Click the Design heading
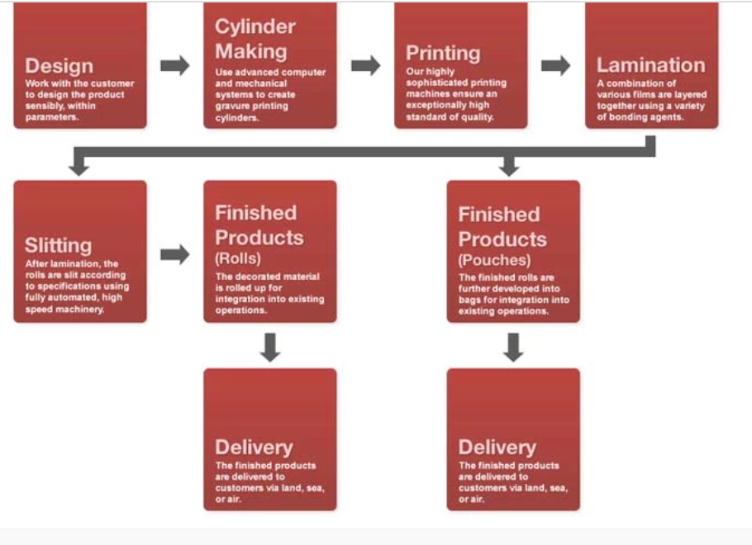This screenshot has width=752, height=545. pyautogui.click(x=59, y=66)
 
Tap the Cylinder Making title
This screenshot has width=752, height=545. pyautogui.click(x=255, y=39)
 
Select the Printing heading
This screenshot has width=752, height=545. pyautogui.click(x=443, y=53)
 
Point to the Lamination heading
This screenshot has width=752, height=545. pyautogui.click(x=651, y=65)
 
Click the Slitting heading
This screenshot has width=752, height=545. pyautogui.click(x=58, y=245)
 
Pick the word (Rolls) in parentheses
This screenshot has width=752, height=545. pyautogui.click(x=238, y=258)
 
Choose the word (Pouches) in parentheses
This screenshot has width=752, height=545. pyautogui.click(x=494, y=260)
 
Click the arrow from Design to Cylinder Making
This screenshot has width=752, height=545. pyautogui.click(x=174, y=66)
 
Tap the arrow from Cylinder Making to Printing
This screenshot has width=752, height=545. pyautogui.click(x=365, y=66)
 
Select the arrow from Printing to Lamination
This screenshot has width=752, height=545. pyautogui.click(x=555, y=66)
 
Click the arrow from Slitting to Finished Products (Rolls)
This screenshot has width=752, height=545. pyautogui.click(x=174, y=254)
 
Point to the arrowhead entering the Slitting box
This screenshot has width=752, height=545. pyautogui.click(x=79, y=169)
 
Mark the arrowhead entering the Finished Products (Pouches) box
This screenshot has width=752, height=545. pyautogui.click(x=509, y=169)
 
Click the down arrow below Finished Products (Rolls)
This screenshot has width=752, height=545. pyautogui.click(x=270, y=347)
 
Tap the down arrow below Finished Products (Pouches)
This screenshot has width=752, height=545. pyautogui.click(x=513, y=347)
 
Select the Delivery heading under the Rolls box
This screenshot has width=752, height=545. pyautogui.click(x=254, y=448)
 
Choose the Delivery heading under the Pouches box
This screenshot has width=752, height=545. pyautogui.click(x=497, y=448)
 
